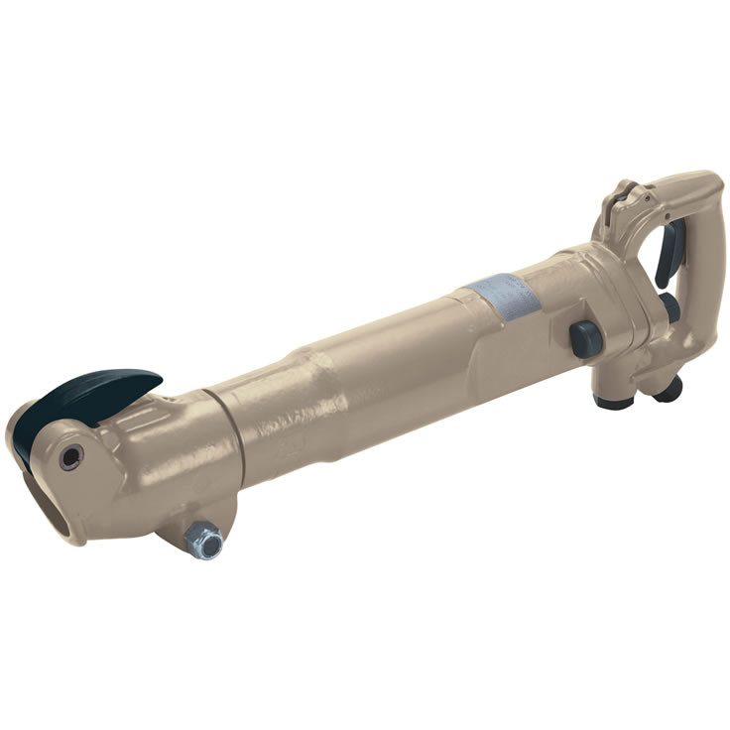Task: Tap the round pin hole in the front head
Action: click(70, 457)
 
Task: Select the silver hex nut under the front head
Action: click(206, 542)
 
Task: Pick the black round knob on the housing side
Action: click(585, 338)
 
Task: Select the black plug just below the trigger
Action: click(671, 308)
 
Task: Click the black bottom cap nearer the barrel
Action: click(614, 400)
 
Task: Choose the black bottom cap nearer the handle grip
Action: click(668, 391)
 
